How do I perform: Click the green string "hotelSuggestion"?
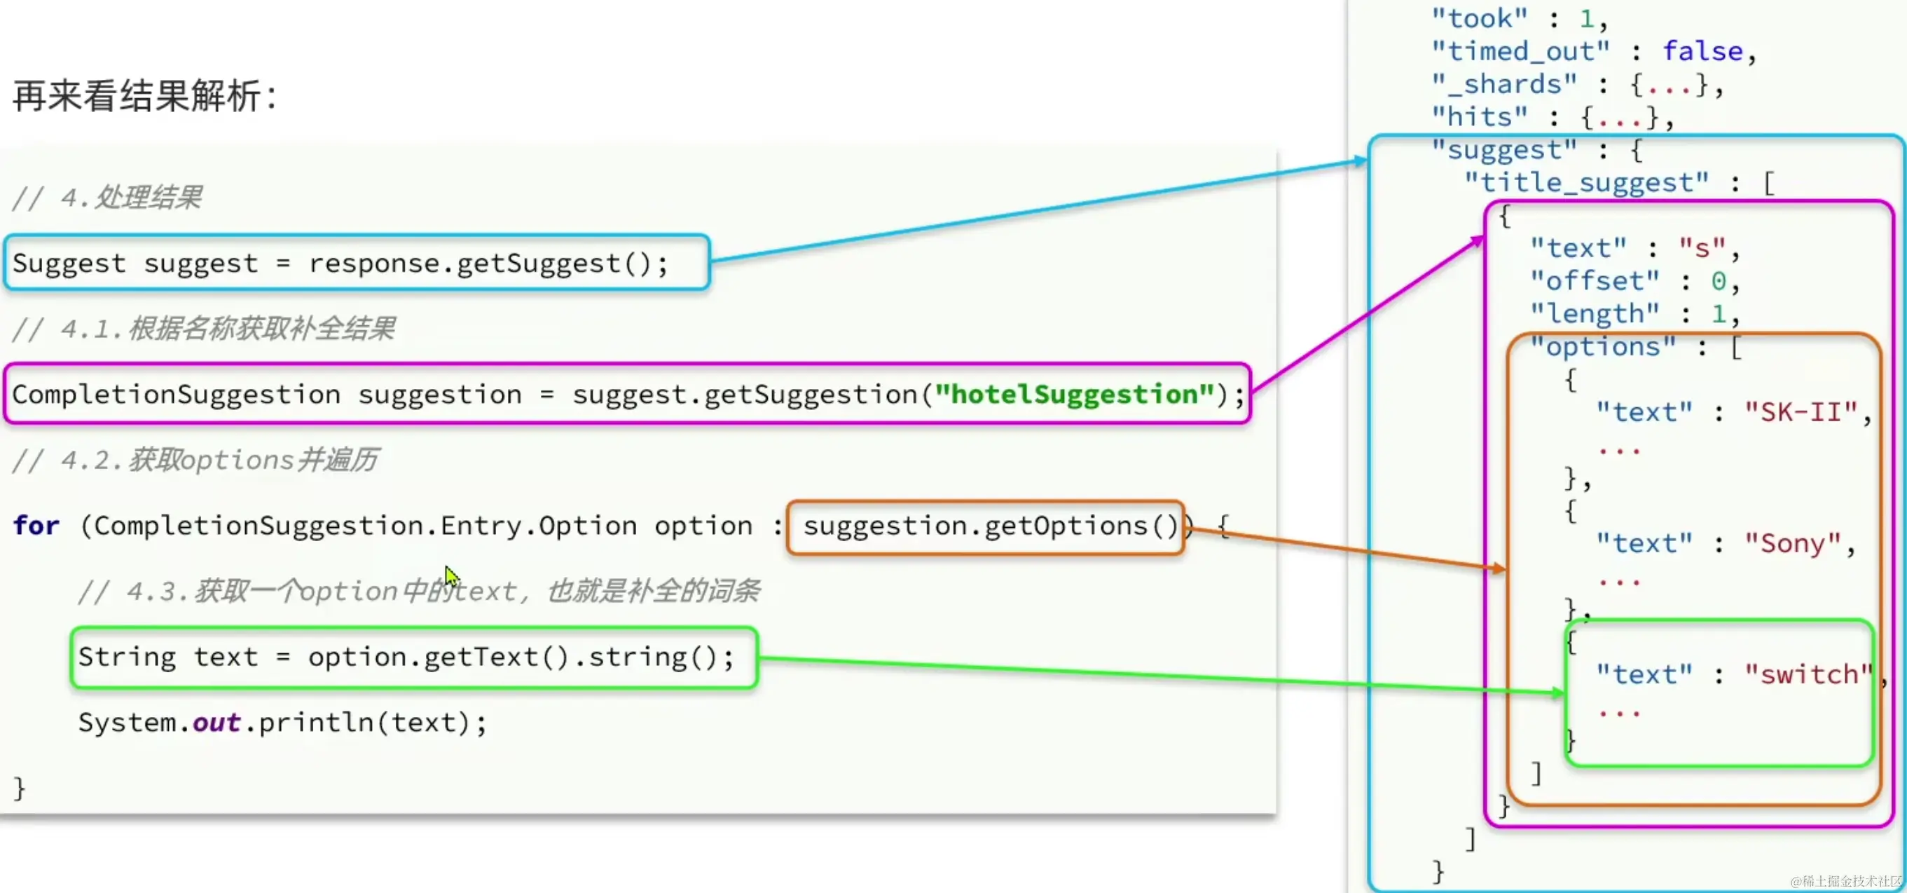pyautogui.click(x=1075, y=395)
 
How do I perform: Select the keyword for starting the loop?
pyautogui.click(x=36, y=526)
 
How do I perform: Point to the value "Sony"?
pyautogui.click(x=1792, y=543)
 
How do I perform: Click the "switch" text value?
pyautogui.click(x=1808, y=674)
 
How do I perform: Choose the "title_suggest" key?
pyautogui.click(x=1585, y=183)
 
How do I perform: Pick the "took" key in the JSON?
pyautogui.click(x=1478, y=18)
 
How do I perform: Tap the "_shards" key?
pyautogui.click(x=1503, y=84)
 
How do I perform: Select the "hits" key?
pyautogui.click(x=1478, y=117)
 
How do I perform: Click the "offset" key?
pyautogui.click(x=1595, y=281)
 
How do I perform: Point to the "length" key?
pyautogui.click(x=1595, y=314)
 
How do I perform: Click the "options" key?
pyautogui.click(x=1603, y=346)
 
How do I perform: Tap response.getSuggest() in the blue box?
pyautogui.click(x=488, y=264)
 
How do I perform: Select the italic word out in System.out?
pyautogui.click(x=216, y=723)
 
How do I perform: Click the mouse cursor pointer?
pyautogui.click(x=451, y=575)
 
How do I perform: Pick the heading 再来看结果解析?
pyautogui.click(x=144, y=96)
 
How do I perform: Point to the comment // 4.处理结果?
pyautogui.click(x=107, y=198)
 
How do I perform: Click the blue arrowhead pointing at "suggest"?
pyautogui.click(x=1361, y=161)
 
